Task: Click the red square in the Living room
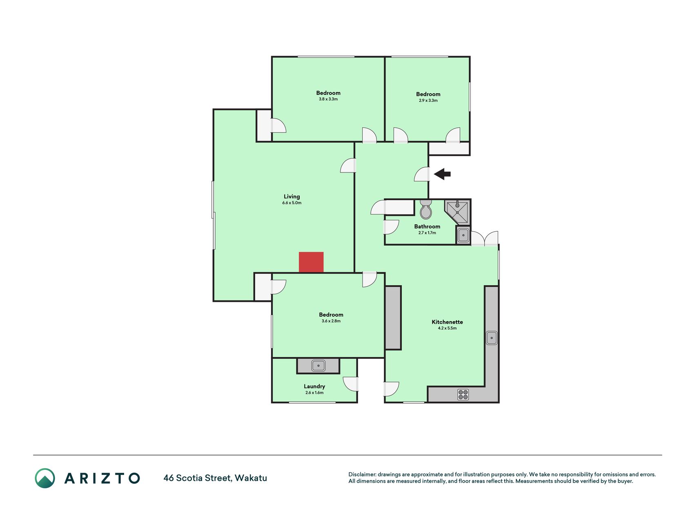coord(311,262)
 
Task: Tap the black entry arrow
coord(442,174)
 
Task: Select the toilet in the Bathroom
coord(426,209)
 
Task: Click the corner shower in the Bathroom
coord(457,212)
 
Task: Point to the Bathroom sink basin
coord(463,235)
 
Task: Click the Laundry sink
coord(318,365)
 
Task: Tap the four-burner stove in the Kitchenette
coord(463,394)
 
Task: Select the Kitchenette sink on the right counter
coord(492,338)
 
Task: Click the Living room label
coord(292,197)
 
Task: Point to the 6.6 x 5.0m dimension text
coord(292,203)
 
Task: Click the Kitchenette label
coord(447,322)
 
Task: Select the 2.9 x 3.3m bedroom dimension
coord(428,101)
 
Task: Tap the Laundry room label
coord(314,387)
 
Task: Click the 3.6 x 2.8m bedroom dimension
coord(331,321)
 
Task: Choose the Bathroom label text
coord(427,226)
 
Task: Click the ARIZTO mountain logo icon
coord(45,478)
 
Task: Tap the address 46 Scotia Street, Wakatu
coord(215,478)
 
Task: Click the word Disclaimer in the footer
coord(362,474)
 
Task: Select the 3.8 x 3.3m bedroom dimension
coord(328,99)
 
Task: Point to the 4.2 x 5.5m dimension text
coord(447,328)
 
